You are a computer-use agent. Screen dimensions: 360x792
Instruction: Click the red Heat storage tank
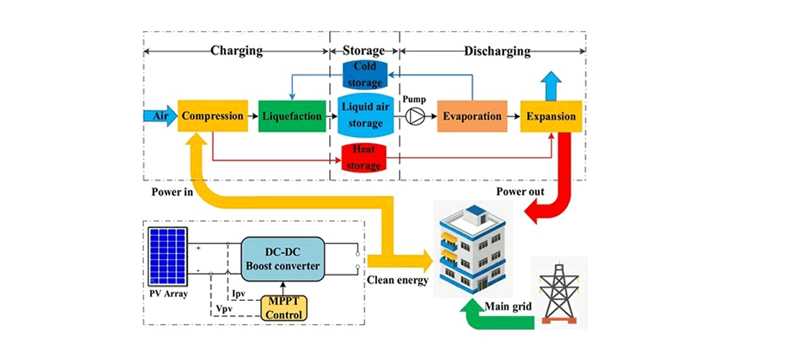[x=364, y=158]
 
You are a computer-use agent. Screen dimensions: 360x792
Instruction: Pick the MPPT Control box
[x=284, y=305]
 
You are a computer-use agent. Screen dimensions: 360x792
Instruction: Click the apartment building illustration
[x=472, y=248]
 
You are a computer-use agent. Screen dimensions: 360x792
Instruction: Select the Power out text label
[x=521, y=192]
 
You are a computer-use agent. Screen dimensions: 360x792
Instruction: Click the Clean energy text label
[x=397, y=279]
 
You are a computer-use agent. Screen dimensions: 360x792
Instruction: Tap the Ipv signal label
[x=240, y=295]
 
